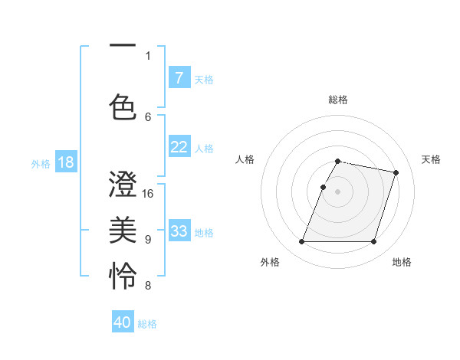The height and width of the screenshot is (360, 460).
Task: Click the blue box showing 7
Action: pos(179,77)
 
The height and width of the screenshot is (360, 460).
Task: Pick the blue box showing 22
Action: pos(179,147)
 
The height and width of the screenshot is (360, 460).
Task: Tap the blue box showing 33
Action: pos(179,231)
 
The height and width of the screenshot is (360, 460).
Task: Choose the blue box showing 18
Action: pos(65,162)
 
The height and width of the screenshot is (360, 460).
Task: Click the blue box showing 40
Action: pos(123,322)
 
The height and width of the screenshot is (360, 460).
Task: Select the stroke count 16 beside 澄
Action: pos(148,194)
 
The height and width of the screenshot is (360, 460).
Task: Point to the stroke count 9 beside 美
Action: pos(148,240)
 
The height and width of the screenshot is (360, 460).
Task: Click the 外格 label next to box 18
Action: pos(41,163)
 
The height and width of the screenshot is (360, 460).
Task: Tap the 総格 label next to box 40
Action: pos(147,323)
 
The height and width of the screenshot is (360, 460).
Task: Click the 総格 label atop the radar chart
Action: pos(338,100)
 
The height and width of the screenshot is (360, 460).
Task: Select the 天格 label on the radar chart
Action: pos(432,159)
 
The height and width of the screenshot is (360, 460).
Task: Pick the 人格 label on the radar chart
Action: pos(245,159)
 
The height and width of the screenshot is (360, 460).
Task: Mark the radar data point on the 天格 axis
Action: pos(396,172)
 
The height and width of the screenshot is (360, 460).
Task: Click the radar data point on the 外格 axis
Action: pos(302,242)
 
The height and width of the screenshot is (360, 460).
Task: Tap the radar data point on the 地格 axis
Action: pos(374,242)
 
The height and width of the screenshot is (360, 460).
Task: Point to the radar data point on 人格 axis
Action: pos(324,187)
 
